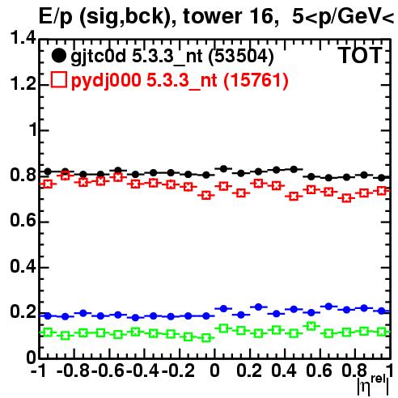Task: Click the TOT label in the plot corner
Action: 360,56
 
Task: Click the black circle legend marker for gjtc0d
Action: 58,56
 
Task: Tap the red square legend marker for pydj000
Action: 58,79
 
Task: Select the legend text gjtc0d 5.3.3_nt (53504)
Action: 172,57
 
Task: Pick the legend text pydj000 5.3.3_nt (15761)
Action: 180,81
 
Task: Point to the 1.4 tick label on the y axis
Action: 23,38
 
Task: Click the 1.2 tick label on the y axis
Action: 23,84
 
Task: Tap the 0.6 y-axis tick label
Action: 23,221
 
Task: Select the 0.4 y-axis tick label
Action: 23,266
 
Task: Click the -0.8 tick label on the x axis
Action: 73,370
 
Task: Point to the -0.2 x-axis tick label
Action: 178,370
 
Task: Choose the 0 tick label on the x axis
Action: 214,370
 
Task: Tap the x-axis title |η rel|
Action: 373,386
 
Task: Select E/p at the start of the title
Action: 56,17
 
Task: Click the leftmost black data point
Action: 48,171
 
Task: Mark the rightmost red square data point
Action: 381,191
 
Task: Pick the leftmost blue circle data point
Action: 48,316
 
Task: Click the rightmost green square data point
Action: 381,332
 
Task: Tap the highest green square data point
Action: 311,326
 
